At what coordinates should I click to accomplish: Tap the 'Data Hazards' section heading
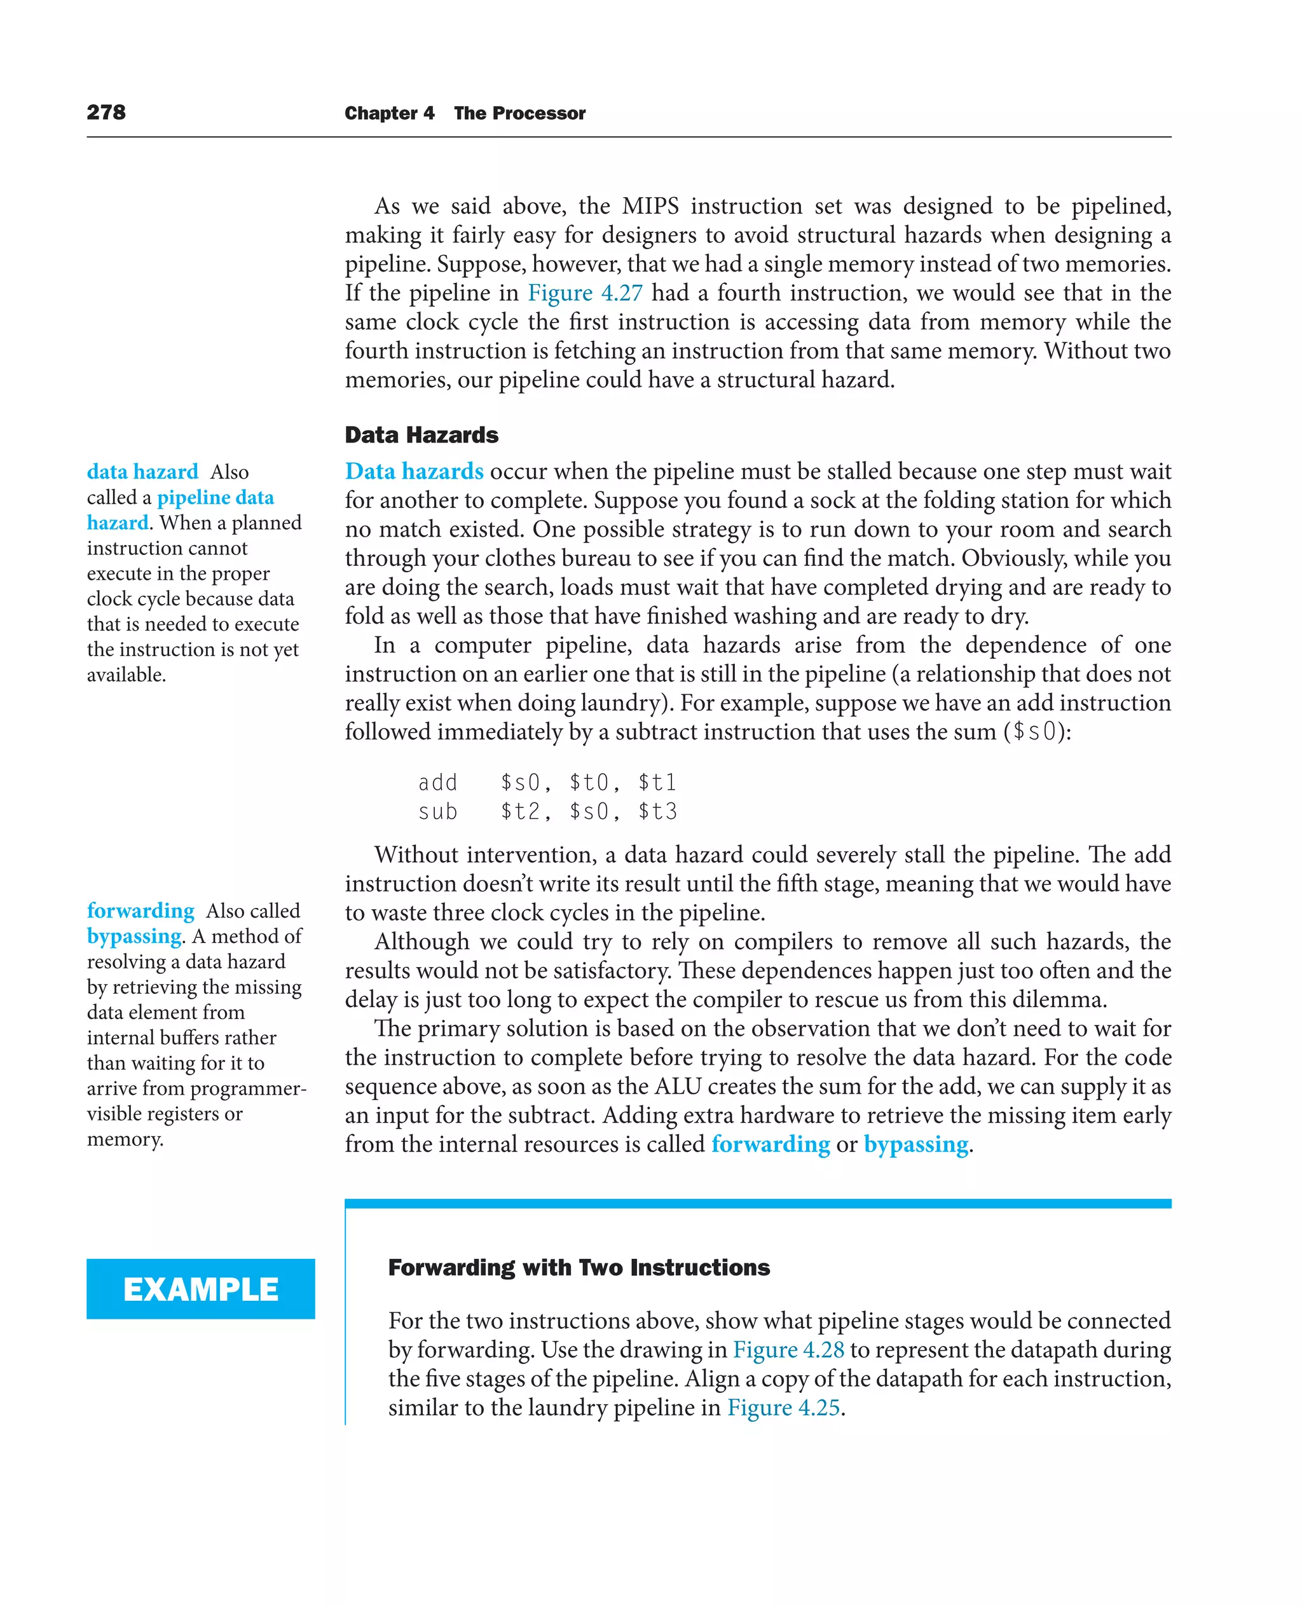pyautogui.click(x=421, y=435)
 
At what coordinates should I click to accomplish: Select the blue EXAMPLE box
pyautogui.click(x=200, y=1289)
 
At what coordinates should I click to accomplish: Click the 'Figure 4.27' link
pyautogui.click(x=585, y=292)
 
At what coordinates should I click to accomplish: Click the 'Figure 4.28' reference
pyautogui.click(x=788, y=1350)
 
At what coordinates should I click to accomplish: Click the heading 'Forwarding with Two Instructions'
pyautogui.click(x=579, y=1267)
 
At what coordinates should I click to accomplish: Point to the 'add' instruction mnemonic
pyautogui.click(x=438, y=783)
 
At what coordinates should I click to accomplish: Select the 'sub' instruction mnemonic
pyautogui.click(x=438, y=812)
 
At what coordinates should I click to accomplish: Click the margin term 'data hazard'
pyautogui.click(x=142, y=472)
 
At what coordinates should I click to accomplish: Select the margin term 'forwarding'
pyautogui.click(x=140, y=910)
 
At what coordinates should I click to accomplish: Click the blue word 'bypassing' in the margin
pyautogui.click(x=134, y=936)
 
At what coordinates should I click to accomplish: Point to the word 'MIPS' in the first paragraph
pyautogui.click(x=650, y=205)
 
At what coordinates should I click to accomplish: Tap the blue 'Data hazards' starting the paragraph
pyautogui.click(x=414, y=471)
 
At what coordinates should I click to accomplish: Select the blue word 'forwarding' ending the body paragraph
pyautogui.click(x=771, y=1144)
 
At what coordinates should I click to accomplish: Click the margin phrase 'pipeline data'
pyautogui.click(x=216, y=497)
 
